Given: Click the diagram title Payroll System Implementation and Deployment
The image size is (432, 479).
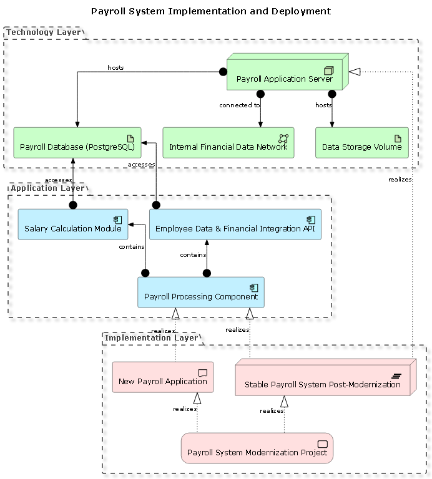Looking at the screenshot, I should pyautogui.click(x=211, y=11).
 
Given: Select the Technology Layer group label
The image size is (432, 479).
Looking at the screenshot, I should pyautogui.click(x=44, y=32).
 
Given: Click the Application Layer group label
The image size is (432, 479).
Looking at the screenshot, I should pyautogui.click(x=47, y=188).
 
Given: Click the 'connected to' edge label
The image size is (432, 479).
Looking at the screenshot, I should pyautogui.click(x=240, y=105).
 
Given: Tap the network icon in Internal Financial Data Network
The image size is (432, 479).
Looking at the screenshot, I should pyautogui.click(x=283, y=138).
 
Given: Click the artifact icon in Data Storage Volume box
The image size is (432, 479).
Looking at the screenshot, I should pyautogui.click(x=398, y=138).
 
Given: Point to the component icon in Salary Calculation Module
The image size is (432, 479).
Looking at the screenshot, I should pyautogui.click(x=117, y=220).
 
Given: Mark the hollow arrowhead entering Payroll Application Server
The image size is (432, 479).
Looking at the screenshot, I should pyautogui.click(x=354, y=72).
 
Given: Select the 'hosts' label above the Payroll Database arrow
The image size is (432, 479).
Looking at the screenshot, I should pyautogui.click(x=115, y=67).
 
